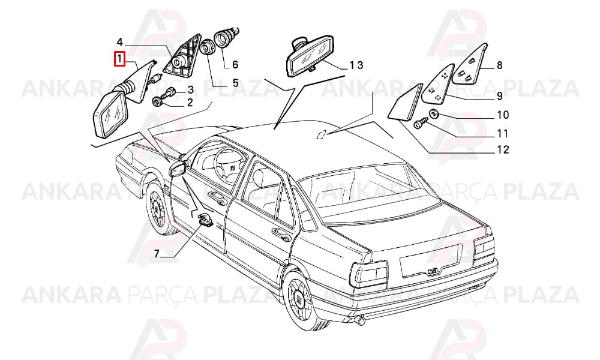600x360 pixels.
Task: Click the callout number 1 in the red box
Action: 120,59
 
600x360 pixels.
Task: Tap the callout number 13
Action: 355,65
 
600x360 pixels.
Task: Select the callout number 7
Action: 157,254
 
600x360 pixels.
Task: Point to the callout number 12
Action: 503,149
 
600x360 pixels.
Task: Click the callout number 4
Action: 119,42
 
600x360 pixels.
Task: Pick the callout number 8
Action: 499,65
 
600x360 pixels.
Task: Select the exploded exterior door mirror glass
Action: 110,115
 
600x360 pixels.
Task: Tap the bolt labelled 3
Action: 170,92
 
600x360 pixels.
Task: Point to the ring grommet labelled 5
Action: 208,47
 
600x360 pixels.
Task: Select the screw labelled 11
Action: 420,124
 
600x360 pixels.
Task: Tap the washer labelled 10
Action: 434,113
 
